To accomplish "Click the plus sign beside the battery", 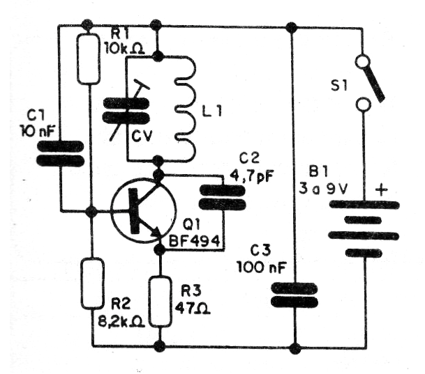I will pos(382,189).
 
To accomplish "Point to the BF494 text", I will pos(195,242).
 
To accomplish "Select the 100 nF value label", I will pos(258,265).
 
